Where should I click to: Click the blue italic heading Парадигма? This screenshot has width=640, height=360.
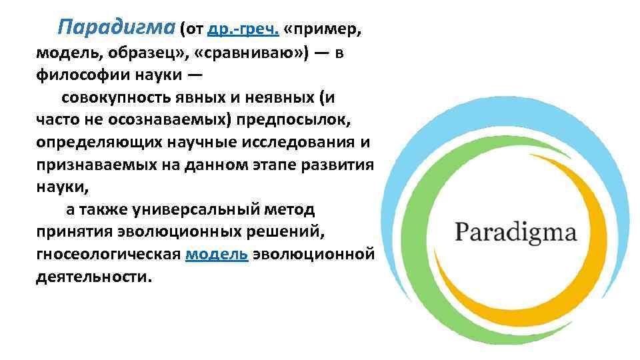(x=116, y=28)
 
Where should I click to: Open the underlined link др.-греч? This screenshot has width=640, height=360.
(x=243, y=29)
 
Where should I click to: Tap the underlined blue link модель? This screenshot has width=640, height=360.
(x=217, y=254)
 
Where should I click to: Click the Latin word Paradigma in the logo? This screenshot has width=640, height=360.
(x=516, y=233)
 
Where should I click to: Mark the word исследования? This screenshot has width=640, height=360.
(x=299, y=142)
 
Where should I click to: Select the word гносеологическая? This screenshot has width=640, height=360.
(x=108, y=254)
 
